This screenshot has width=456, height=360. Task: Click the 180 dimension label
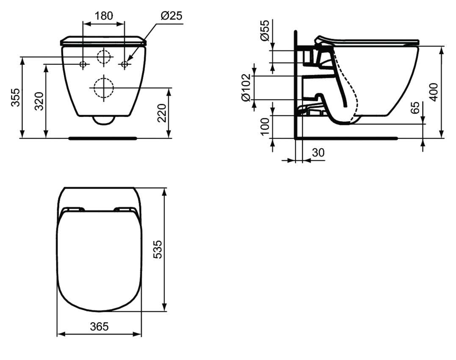(x=104, y=16)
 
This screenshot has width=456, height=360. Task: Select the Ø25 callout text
(x=171, y=16)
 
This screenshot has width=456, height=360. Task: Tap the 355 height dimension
(x=15, y=97)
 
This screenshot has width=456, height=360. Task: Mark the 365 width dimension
(x=99, y=327)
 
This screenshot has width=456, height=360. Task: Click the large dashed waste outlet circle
(x=103, y=88)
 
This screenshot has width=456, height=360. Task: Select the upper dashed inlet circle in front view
(x=103, y=57)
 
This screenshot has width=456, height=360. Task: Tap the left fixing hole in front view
(x=83, y=64)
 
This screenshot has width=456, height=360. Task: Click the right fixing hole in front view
(x=124, y=64)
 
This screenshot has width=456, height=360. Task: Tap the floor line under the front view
(x=103, y=138)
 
